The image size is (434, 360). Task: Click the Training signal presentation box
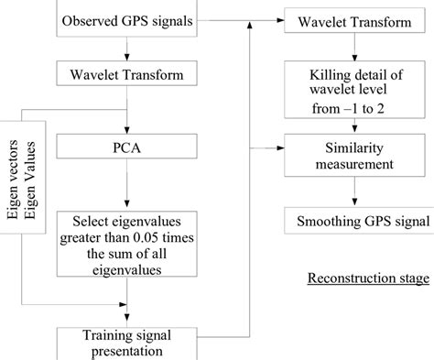coord(129,342)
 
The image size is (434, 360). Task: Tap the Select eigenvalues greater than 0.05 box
coord(129,243)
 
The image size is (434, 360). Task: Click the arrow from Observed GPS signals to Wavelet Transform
coord(129,50)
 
